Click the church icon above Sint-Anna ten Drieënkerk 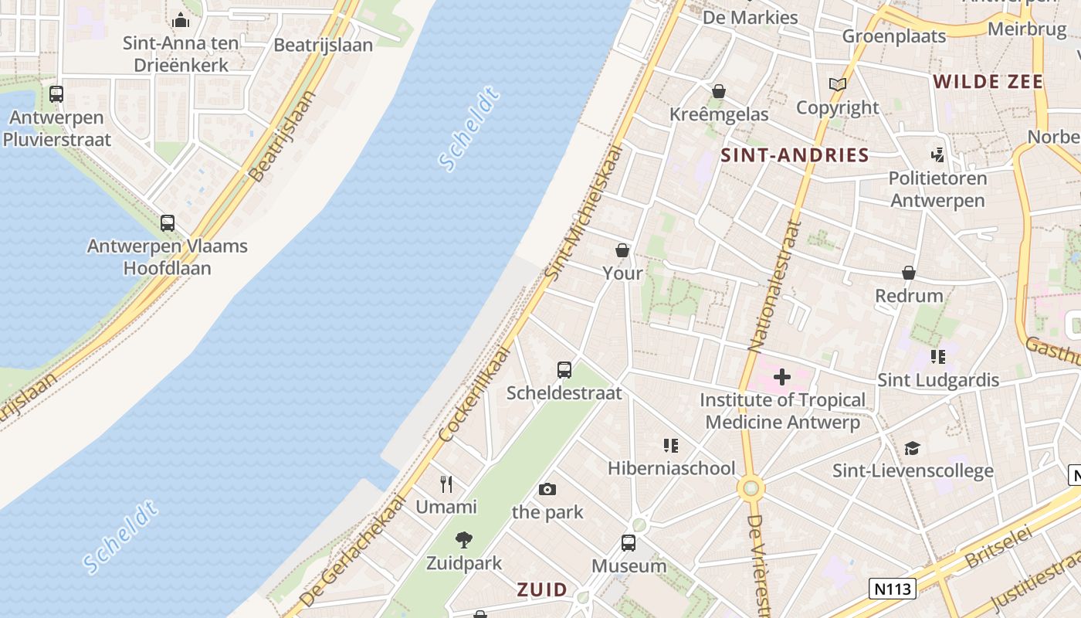[181, 20]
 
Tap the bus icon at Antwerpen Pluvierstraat [56, 94]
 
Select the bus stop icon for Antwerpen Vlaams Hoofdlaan [168, 223]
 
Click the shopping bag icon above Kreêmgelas [719, 91]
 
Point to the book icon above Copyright [838, 84]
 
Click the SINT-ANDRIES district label [795, 155]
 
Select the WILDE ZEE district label [988, 82]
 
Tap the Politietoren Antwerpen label [937, 189]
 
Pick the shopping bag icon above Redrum [909, 273]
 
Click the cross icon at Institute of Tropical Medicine [782, 377]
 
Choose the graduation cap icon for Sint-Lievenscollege [913, 448]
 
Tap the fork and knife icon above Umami [446, 484]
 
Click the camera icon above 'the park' [547, 489]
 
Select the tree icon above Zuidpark [464, 540]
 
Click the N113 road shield [892, 588]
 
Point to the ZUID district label [542, 590]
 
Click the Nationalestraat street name [774, 286]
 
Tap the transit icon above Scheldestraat [564, 369]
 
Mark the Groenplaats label [893, 36]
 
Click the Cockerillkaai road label [475, 394]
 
